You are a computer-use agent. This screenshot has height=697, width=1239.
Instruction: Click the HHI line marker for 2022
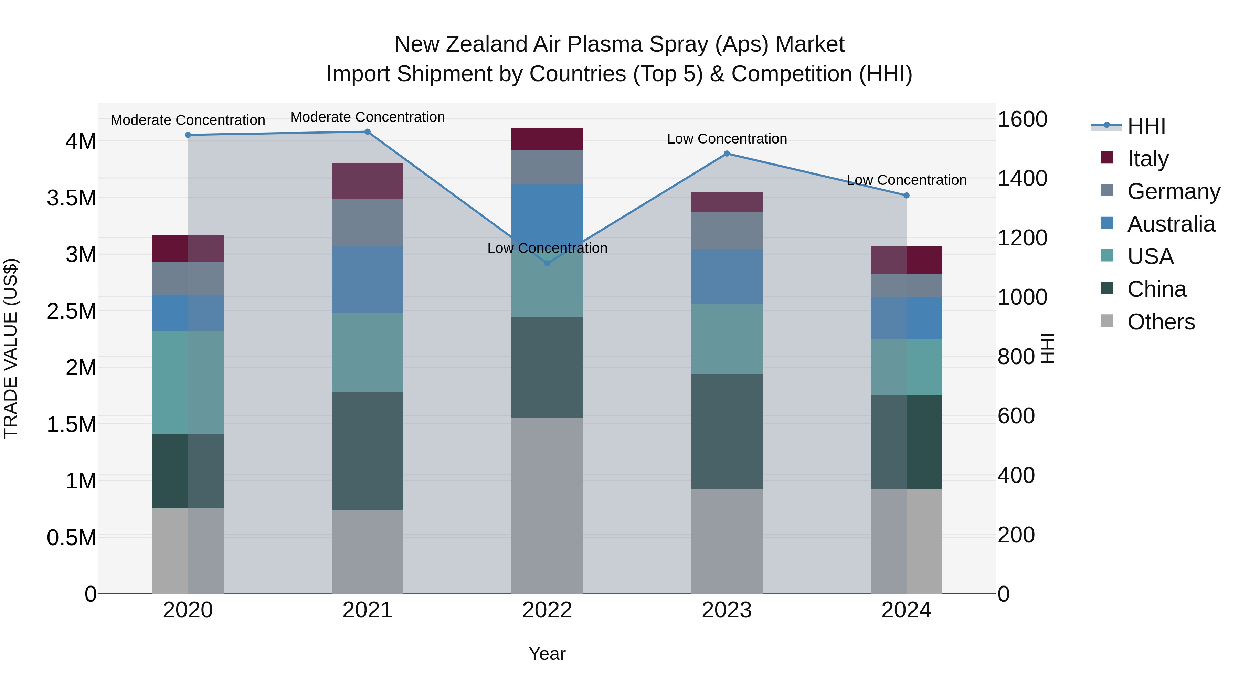(x=547, y=263)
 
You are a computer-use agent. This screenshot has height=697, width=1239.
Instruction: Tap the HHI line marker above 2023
(x=727, y=154)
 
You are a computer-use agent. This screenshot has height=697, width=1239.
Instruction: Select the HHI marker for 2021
(x=368, y=131)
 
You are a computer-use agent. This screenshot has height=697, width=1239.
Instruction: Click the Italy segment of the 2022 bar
(x=547, y=139)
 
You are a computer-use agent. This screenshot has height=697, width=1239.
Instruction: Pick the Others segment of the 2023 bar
(x=727, y=541)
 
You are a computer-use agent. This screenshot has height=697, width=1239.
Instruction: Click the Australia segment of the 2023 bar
(x=727, y=277)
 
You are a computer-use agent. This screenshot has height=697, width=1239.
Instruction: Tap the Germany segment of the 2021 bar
(x=368, y=223)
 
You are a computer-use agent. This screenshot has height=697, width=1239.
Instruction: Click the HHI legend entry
(x=1146, y=126)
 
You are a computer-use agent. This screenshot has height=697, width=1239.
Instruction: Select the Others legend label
(x=1161, y=322)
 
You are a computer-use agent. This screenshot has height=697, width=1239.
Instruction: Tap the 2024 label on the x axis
(x=906, y=610)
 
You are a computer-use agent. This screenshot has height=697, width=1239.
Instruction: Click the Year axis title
(x=547, y=654)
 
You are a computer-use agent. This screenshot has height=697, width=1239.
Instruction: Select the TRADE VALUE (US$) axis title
(x=11, y=348)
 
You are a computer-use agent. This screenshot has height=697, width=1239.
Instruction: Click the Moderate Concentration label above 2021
(x=368, y=117)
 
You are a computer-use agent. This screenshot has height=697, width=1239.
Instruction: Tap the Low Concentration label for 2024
(x=906, y=180)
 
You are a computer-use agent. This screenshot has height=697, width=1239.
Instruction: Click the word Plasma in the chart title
(x=602, y=44)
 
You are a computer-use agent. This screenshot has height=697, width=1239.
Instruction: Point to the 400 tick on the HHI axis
(x=1016, y=475)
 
